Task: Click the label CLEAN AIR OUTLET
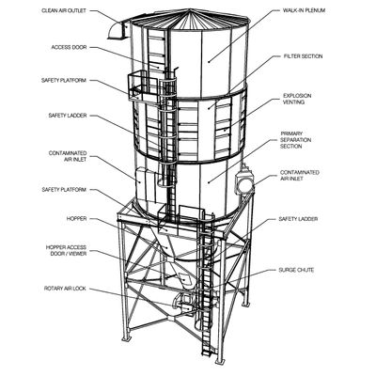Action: click(64, 10)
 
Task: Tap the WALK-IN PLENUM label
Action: click(304, 10)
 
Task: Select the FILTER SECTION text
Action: click(303, 56)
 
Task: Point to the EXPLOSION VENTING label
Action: click(297, 99)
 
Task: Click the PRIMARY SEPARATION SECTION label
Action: click(295, 140)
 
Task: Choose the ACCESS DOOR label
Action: click(69, 47)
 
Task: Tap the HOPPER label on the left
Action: click(76, 218)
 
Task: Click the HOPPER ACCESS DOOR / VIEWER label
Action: click(66, 251)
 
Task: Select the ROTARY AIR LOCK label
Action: click(65, 289)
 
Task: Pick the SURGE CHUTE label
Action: click(296, 270)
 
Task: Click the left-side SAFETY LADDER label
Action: click(68, 116)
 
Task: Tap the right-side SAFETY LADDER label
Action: click(298, 219)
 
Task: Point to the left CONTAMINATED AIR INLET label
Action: click(68, 156)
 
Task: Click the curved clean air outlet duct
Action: click(118, 30)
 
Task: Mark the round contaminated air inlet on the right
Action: click(244, 183)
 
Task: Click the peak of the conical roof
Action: click(190, 9)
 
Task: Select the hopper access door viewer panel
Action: click(185, 277)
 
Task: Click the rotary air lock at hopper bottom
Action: click(184, 304)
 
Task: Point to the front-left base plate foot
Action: click(126, 340)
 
